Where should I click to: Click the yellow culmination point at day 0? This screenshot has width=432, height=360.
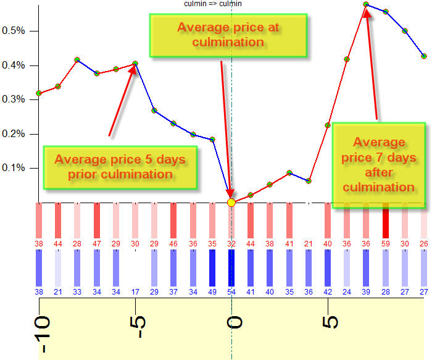tap(231, 202)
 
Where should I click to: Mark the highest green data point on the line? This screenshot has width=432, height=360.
tap(367, 4)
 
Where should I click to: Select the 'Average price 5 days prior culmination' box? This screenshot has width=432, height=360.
tap(120, 167)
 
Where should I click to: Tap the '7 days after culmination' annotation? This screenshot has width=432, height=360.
tap(379, 164)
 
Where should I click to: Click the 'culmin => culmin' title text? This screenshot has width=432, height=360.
tap(213, 4)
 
